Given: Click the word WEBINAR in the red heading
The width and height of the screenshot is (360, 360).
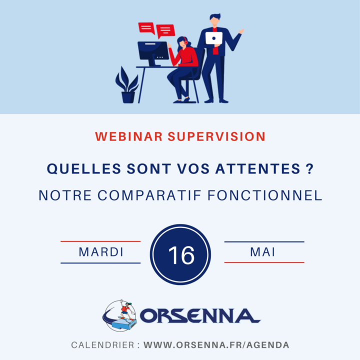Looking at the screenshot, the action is tap(129, 136).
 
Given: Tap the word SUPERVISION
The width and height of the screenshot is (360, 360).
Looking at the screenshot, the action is tap(216, 136).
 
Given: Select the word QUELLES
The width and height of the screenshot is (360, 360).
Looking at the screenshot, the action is tap(84, 169).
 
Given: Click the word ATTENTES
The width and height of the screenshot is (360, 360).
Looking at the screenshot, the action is tap(258, 169).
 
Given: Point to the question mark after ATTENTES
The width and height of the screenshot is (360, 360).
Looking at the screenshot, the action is tap(309, 168).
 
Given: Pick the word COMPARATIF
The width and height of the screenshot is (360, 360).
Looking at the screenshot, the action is tap(149, 195).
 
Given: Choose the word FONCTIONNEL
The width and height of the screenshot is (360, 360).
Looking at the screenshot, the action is tap(265, 195).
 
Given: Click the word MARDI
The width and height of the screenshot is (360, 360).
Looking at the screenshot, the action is tap(101, 252).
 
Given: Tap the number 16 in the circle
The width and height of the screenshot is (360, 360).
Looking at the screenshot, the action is tap(181, 255).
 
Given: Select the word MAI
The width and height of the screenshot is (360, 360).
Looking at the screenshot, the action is tap(262, 252).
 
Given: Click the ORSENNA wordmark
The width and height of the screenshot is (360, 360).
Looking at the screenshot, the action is tap(199, 315).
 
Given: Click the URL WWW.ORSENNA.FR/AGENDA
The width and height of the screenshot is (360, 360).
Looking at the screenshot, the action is tap(216, 345).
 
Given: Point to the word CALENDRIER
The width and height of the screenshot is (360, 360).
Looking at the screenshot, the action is tap(102, 345).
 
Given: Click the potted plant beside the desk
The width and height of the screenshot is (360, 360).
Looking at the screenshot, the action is tap(127, 85).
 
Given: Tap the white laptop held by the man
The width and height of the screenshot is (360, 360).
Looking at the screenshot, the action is tap(214, 38).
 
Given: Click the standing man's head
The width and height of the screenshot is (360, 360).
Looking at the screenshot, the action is tap(215, 20).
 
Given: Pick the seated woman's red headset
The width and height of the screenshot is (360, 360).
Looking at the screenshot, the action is tap(185, 40).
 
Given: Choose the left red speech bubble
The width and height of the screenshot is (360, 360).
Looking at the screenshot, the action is tap(146, 28).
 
